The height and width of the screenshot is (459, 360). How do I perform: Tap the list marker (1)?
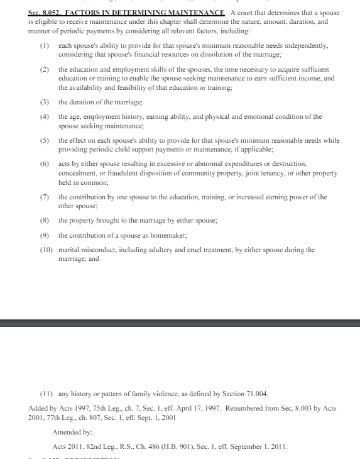coord(44,46)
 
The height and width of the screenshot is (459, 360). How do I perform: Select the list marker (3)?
coord(44,102)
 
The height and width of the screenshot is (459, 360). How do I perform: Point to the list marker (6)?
coord(44,163)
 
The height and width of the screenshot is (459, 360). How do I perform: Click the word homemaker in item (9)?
coord(167,235)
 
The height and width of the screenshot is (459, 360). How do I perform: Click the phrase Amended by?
coord(72,433)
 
